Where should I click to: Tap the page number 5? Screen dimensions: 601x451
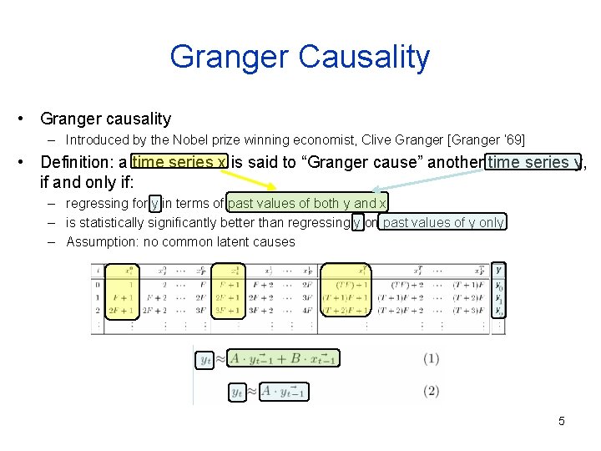pos(562,421)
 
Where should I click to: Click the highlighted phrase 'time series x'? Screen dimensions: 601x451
pos(179,162)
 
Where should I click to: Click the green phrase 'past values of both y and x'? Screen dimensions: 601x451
pos(307,203)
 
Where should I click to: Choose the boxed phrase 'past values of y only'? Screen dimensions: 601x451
pos(443,222)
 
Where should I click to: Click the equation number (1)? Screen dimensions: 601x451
pos(431,359)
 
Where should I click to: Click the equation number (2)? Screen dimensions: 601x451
pos(431,391)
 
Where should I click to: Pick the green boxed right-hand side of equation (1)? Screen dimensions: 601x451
pos(282,359)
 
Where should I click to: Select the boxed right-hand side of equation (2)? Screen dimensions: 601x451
pos(284,391)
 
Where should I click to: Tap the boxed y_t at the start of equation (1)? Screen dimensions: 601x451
pos(205,360)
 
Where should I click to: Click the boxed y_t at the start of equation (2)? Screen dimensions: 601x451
pos(238,391)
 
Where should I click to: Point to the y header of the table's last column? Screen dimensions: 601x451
pos(498,270)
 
